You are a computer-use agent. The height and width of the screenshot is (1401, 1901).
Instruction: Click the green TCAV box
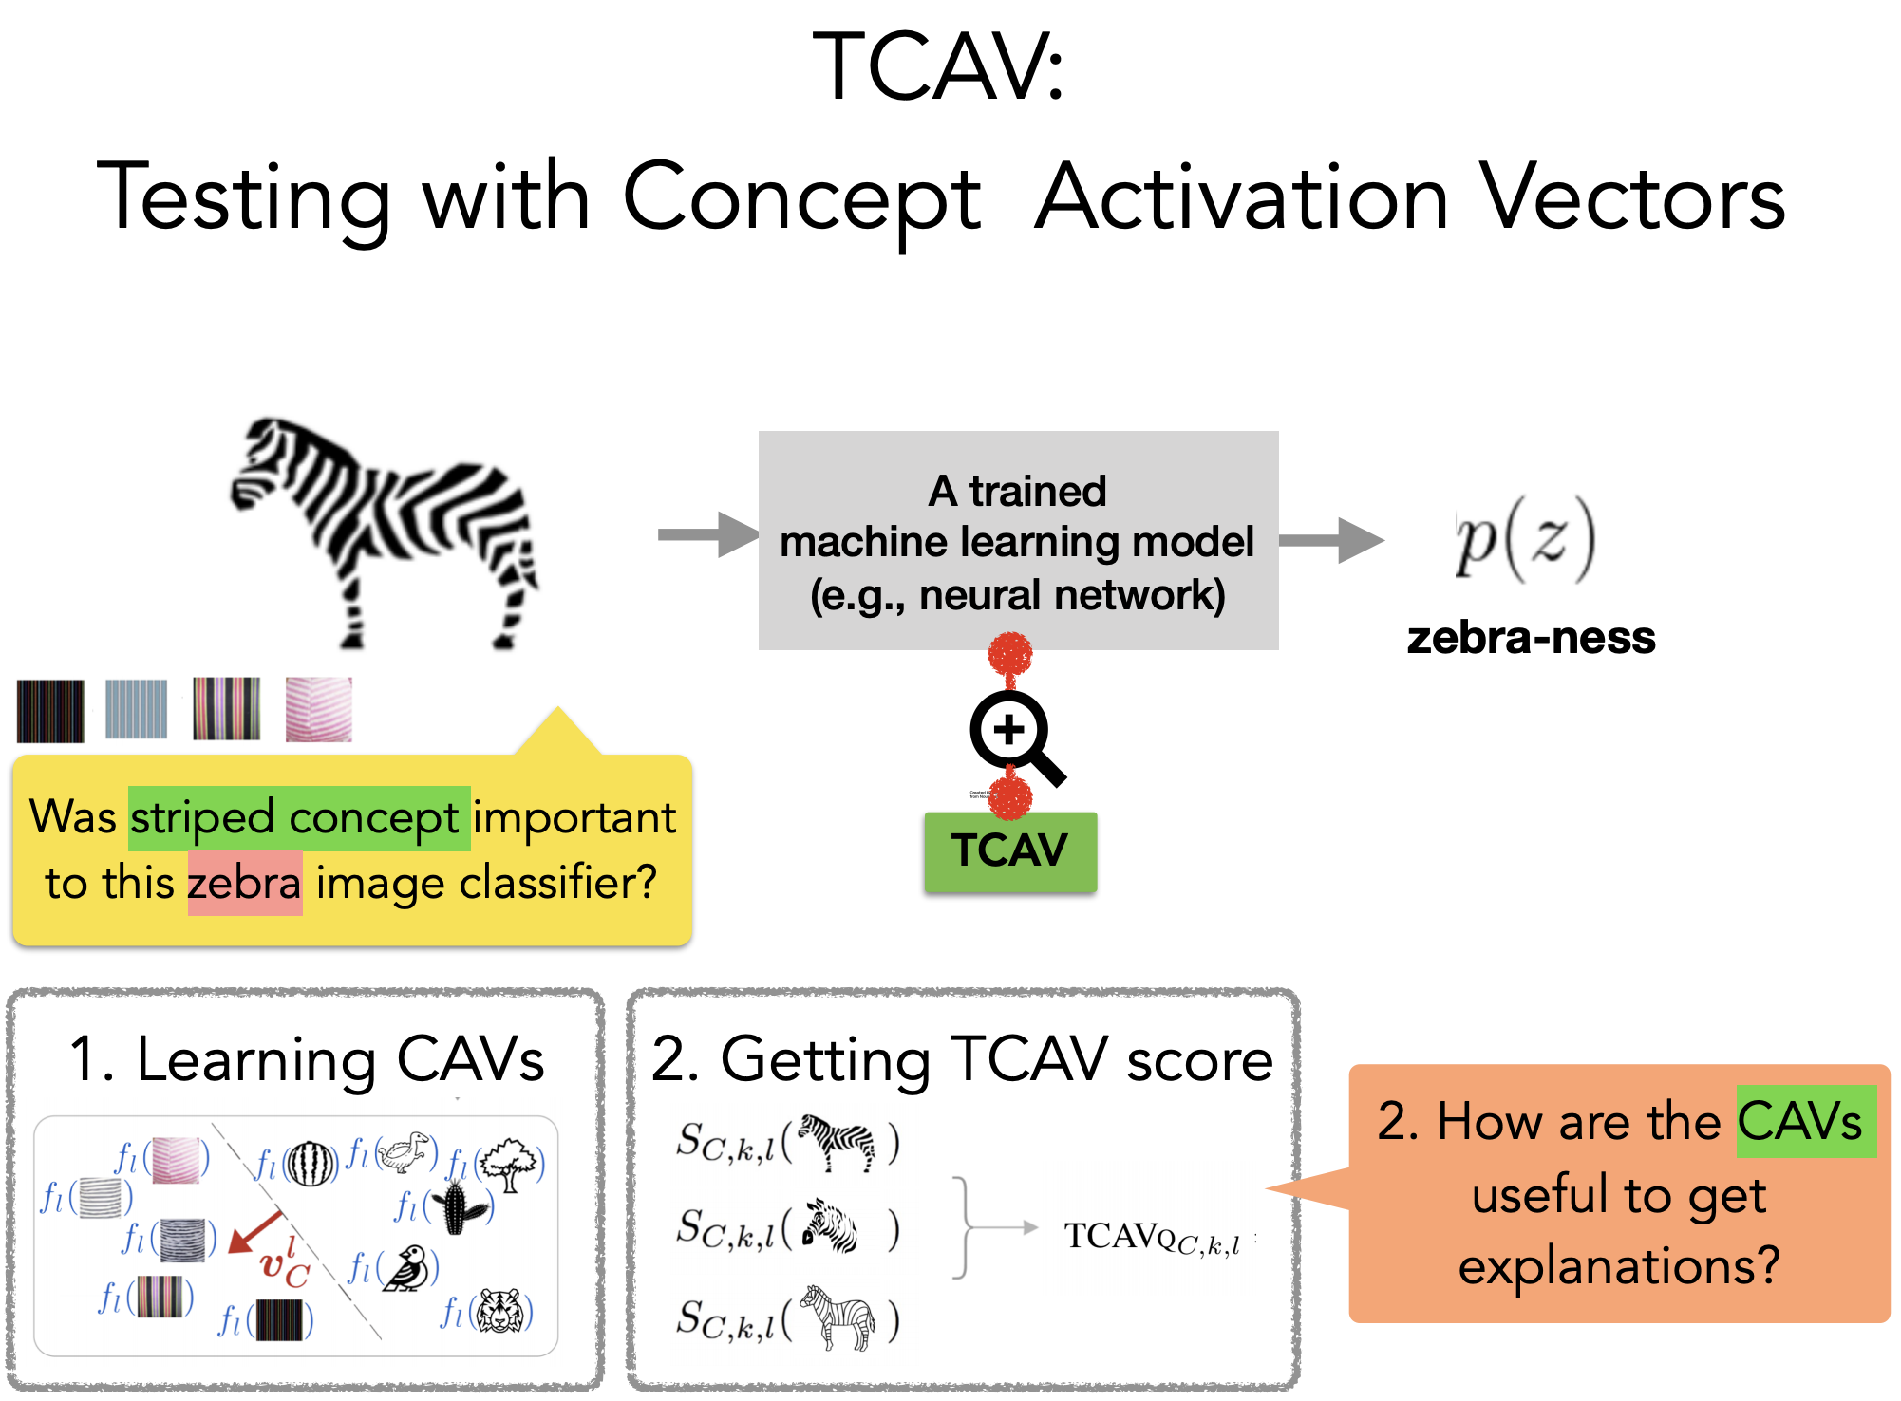coord(1009,850)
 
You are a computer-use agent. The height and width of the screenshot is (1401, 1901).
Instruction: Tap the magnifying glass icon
coord(1012,734)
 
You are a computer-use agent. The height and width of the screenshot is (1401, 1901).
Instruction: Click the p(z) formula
coord(1525,539)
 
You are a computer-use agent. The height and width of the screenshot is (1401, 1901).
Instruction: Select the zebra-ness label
coord(1531,638)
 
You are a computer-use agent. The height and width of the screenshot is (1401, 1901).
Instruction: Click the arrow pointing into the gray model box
coord(706,534)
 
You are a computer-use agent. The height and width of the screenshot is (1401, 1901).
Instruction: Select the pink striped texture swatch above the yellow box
coord(319,708)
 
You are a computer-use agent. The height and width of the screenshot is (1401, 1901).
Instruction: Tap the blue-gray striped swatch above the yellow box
coord(136,708)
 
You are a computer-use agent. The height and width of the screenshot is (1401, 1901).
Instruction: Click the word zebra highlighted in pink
coord(244,883)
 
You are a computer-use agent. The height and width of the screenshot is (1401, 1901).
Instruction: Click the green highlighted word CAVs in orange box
coord(1804,1121)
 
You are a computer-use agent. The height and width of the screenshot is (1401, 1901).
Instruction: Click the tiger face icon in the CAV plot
coord(498,1312)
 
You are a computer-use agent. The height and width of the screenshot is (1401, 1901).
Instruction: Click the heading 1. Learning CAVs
coord(307,1058)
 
